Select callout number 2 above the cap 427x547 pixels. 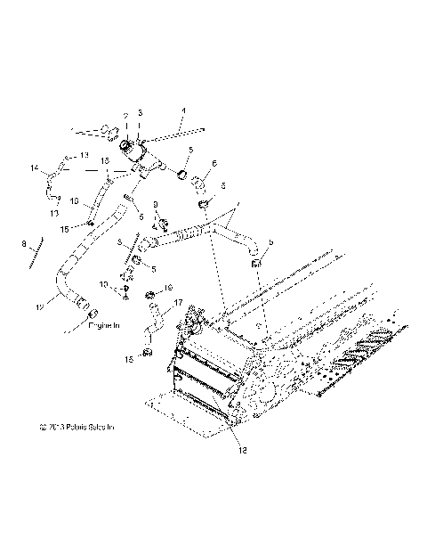[x=125, y=116]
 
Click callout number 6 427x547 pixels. [x=213, y=163]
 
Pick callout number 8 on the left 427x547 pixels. [x=24, y=242]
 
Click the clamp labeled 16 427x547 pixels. [x=151, y=295]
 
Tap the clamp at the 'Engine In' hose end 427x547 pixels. [x=89, y=314]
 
